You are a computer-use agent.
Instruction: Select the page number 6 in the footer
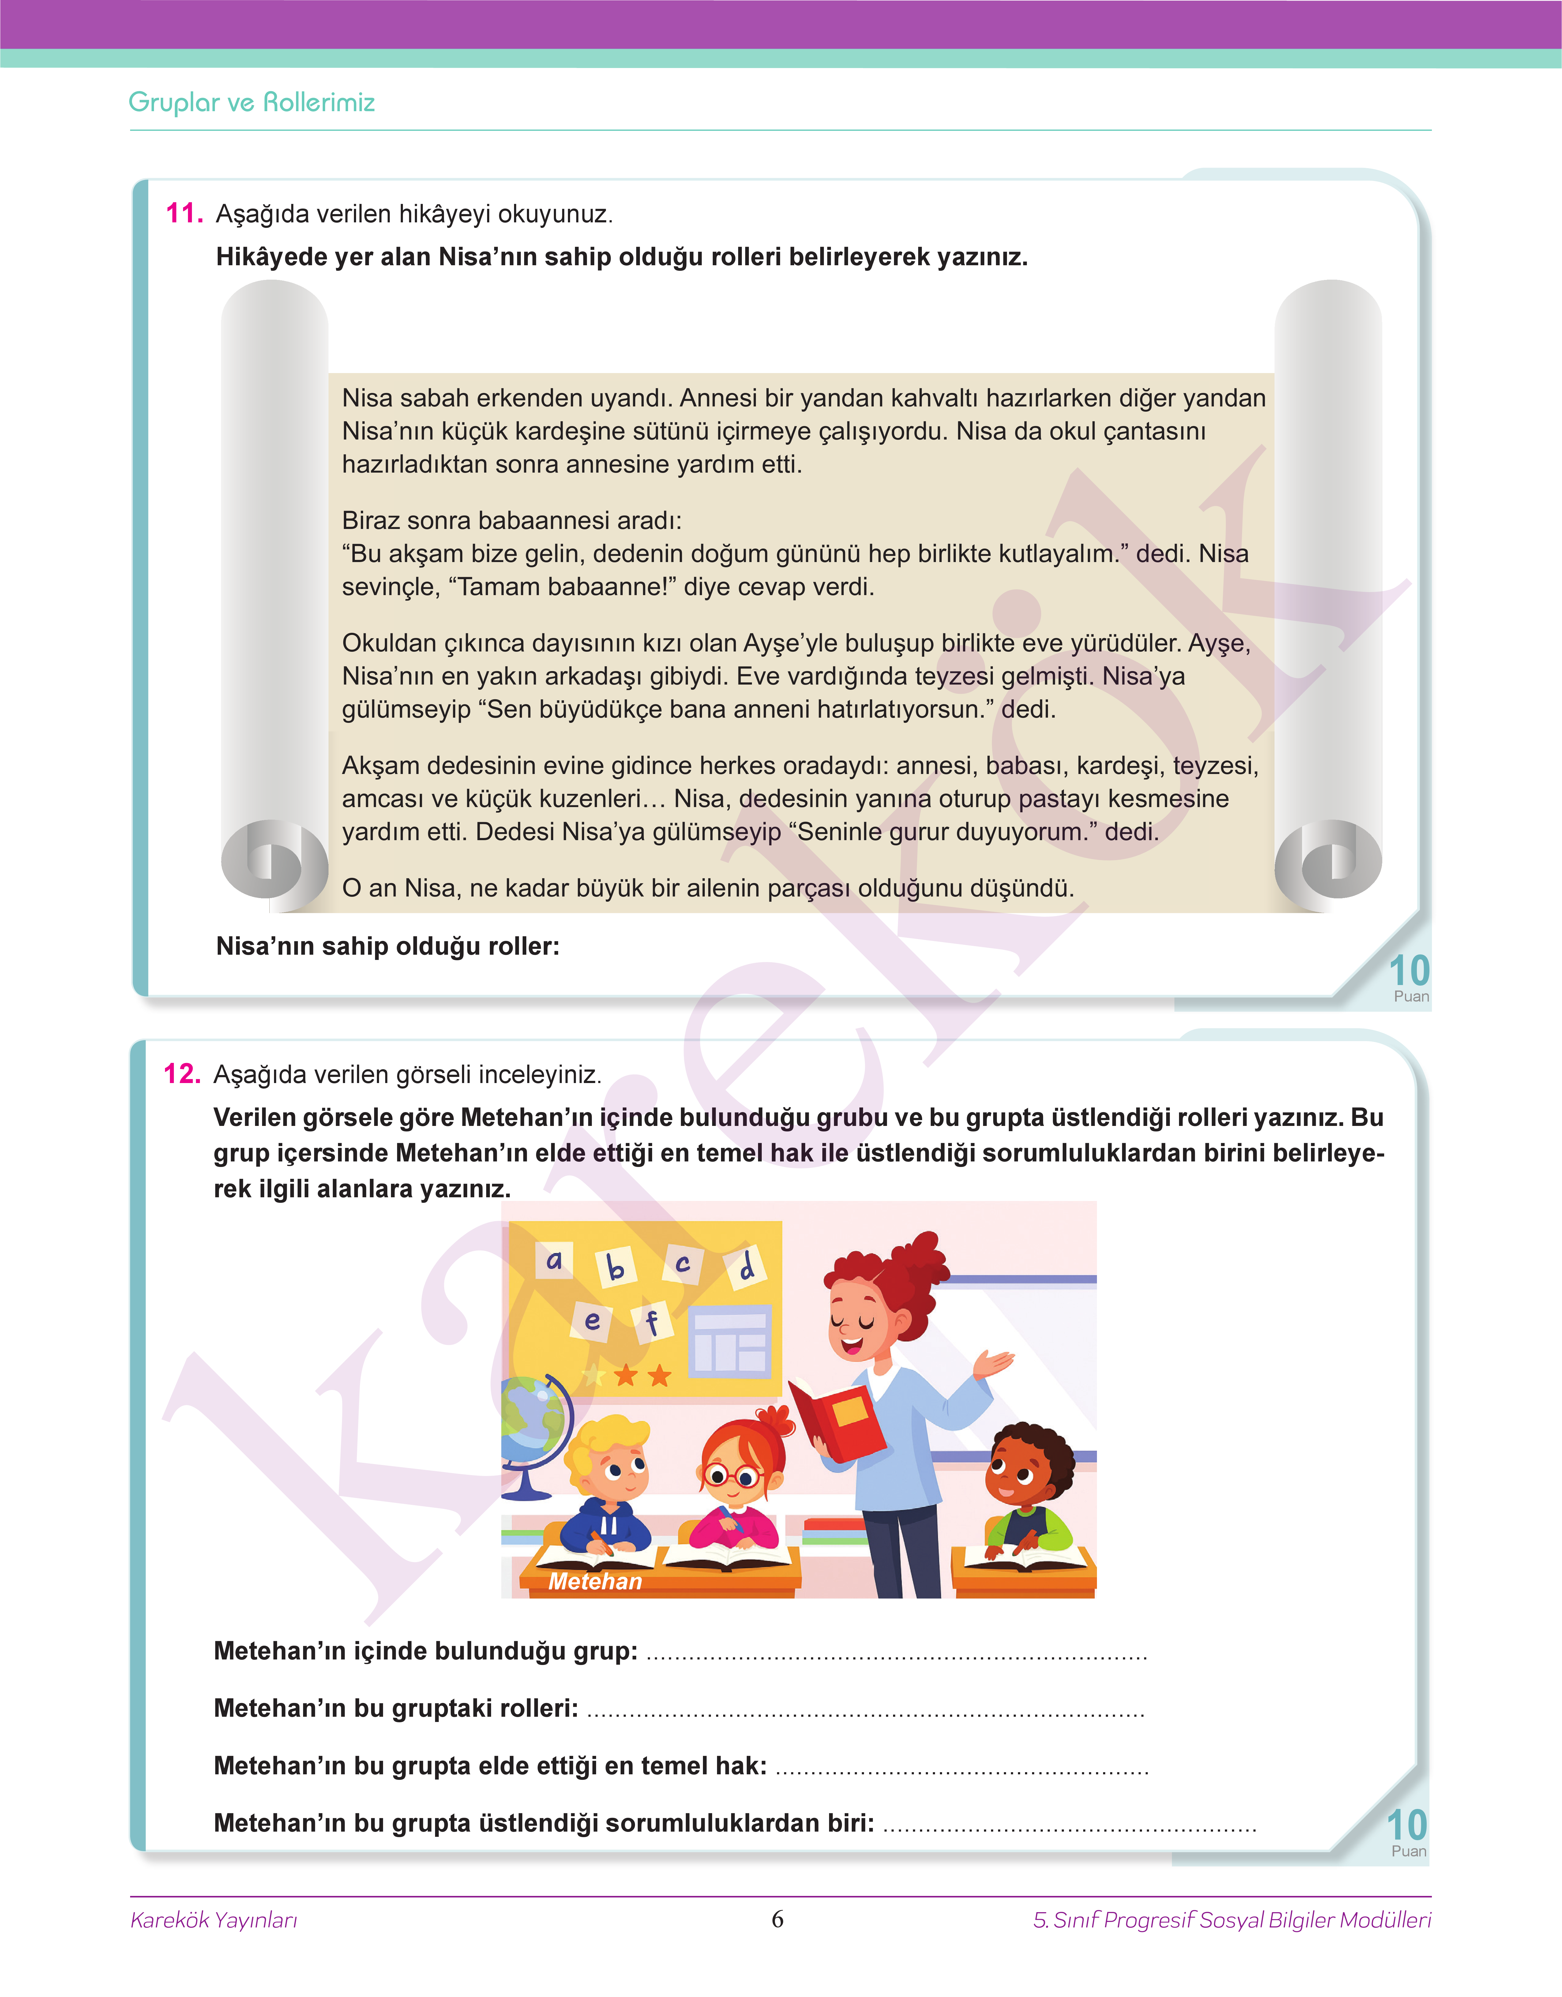777,1918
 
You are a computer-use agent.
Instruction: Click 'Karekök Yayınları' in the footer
214,1919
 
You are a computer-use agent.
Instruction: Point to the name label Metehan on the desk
595,1581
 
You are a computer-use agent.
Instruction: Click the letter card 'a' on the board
554,1261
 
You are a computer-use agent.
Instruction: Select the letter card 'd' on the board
746,1266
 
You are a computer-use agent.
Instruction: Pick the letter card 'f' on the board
651,1321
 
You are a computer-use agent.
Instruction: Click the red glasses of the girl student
732,1475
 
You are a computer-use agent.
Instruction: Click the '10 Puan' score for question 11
1408,977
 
